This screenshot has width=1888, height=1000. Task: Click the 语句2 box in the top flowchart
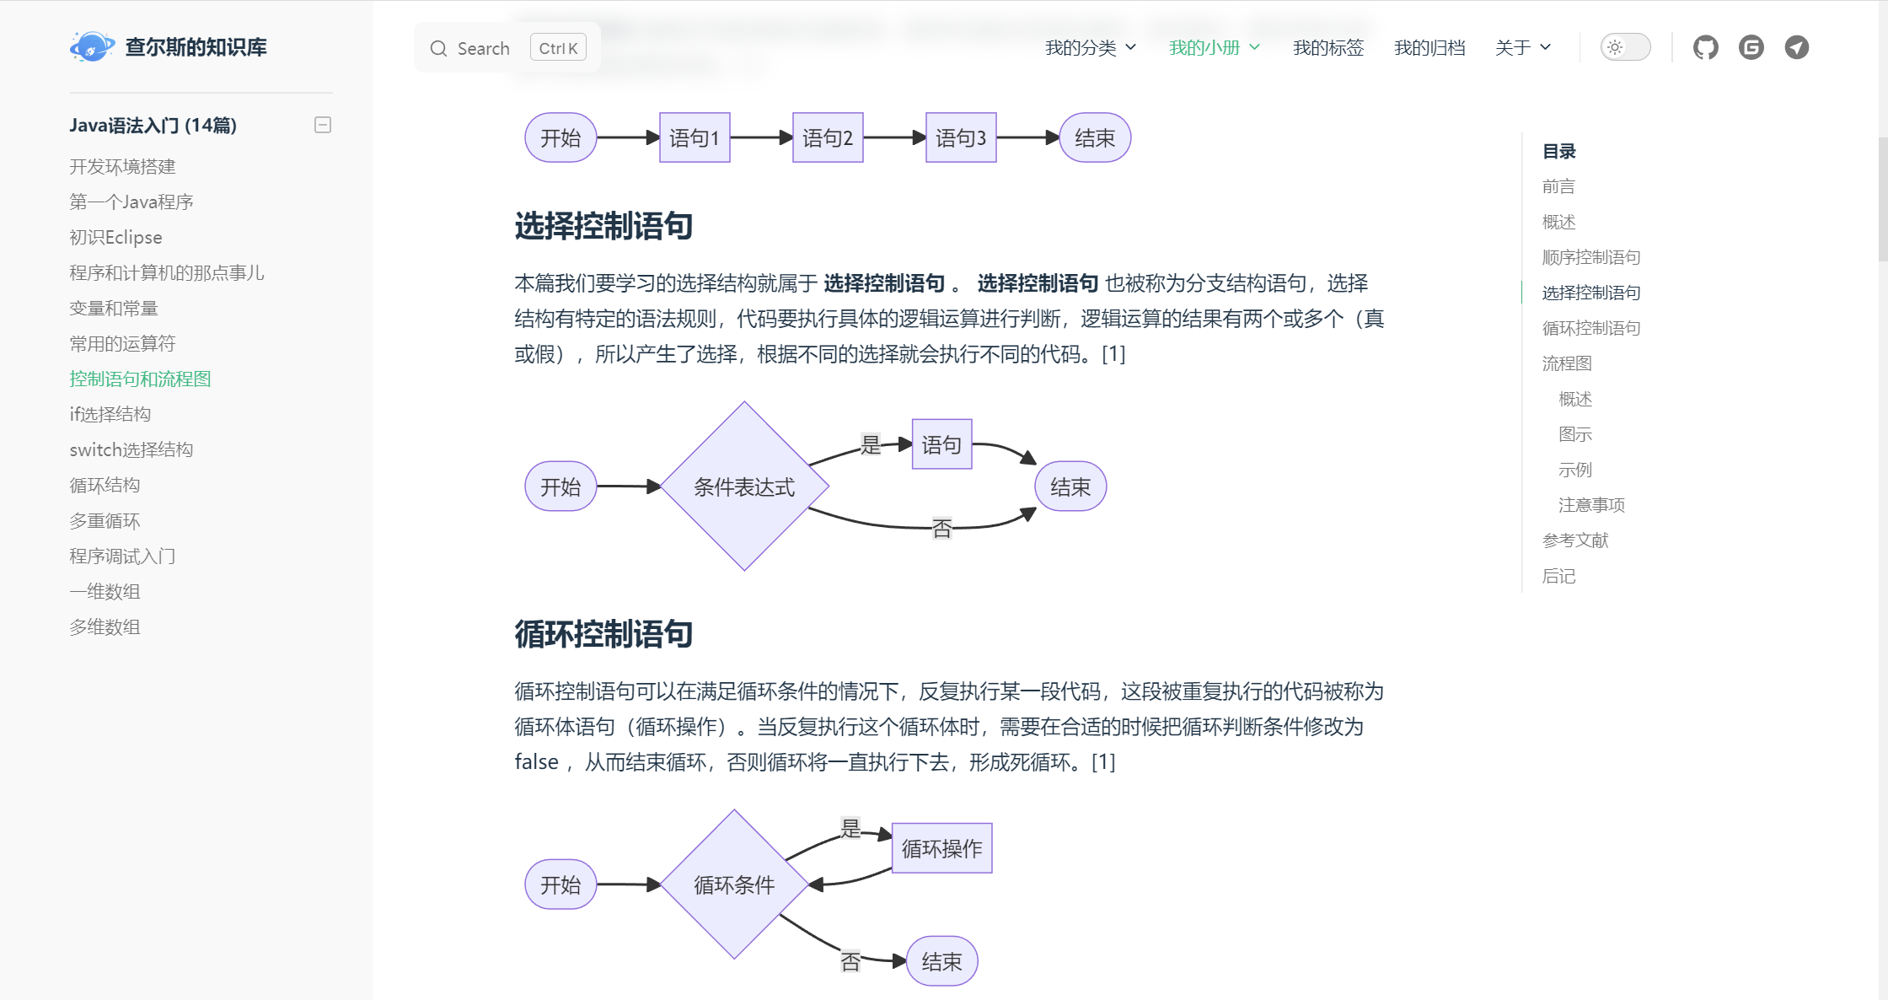point(827,137)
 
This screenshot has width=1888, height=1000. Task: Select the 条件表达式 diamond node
point(744,487)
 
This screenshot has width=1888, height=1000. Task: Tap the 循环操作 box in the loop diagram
point(941,848)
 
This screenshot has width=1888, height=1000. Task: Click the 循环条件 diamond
point(734,884)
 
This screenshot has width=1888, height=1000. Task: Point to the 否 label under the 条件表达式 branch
point(941,529)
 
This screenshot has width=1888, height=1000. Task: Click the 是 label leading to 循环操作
point(850,828)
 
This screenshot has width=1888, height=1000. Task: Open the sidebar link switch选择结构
point(131,449)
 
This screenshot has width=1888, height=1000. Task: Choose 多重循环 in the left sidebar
point(105,521)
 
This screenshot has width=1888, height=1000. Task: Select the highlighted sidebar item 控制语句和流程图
point(140,379)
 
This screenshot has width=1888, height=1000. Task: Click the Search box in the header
point(507,48)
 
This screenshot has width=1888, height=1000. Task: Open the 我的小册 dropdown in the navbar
point(1214,48)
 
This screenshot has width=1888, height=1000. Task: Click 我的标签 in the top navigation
point(1327,48)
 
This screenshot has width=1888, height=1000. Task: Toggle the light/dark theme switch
point(1624,47)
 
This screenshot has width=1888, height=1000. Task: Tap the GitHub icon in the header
point(1705,47)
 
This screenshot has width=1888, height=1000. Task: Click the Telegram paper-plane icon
point(1796,47)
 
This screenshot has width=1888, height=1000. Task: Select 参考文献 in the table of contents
point(1575,540)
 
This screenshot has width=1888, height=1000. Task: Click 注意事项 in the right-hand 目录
point(1591,505)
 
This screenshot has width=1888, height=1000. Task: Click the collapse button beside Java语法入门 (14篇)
point(323,125)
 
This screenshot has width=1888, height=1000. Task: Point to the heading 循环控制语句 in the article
point(603,634)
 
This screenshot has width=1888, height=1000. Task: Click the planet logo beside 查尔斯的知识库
point(92,47)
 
